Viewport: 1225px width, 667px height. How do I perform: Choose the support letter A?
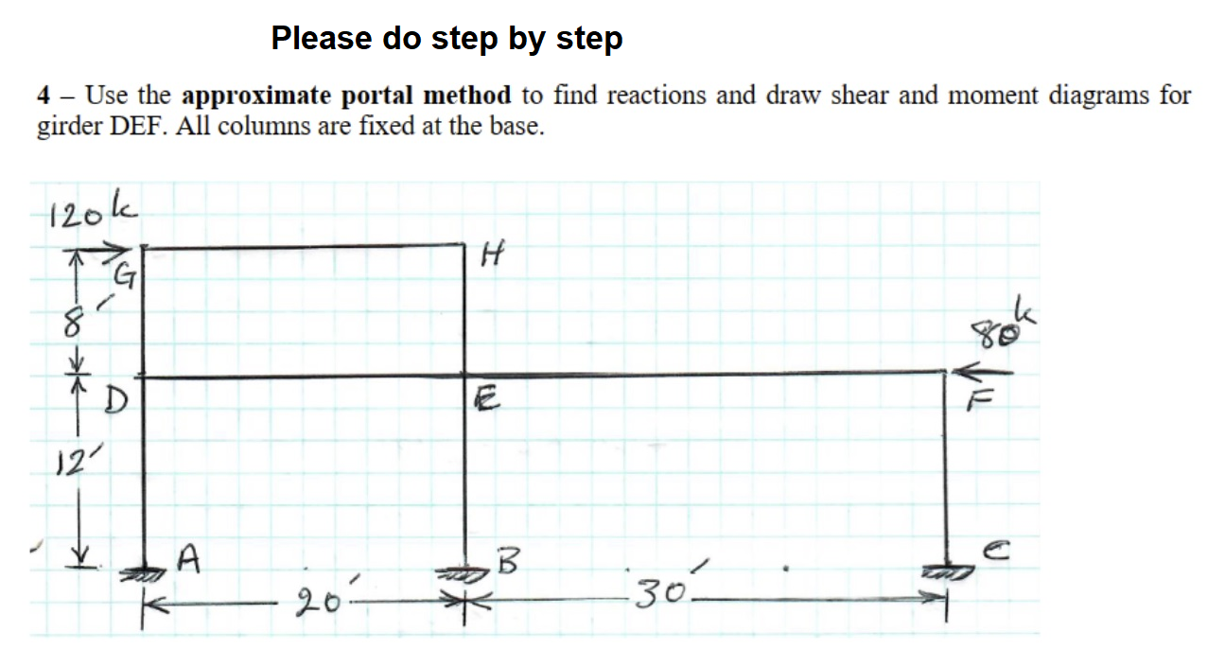pyautogui.click(x=188, y=562)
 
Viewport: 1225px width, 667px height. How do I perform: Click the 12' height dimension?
pyautogui.click(x=65, y=465)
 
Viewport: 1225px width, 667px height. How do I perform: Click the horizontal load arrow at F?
pyautogui.click(x=983, y=372)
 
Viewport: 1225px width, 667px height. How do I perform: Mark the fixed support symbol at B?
pyautogui.click(x=465, y=573)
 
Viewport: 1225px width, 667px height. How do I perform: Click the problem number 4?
pyautogui.click(x=44, y=97)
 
